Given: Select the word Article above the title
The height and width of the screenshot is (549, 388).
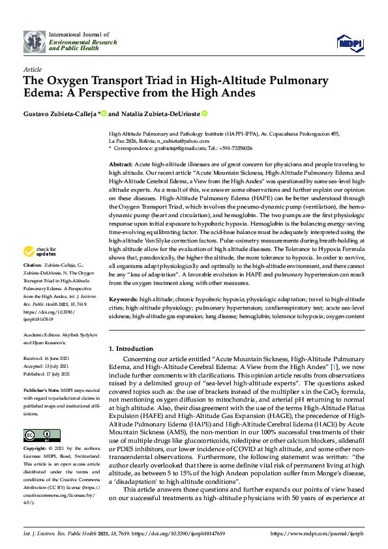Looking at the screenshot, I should [x=32, y=68].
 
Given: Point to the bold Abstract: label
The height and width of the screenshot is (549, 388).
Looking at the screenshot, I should [x=121, y=164].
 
